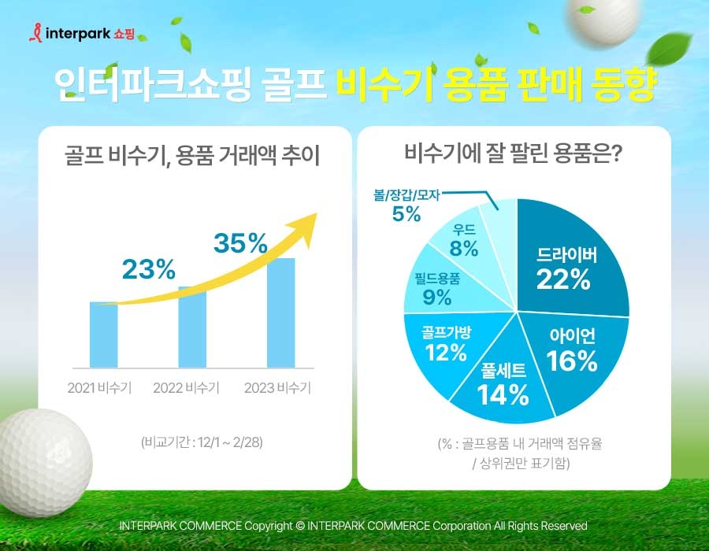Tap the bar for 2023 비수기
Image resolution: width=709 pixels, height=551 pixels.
coord(280,312)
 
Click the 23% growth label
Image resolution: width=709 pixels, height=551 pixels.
coord(148,269)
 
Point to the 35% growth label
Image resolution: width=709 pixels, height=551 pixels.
coord(241,242)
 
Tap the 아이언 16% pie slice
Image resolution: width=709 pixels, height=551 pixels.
coord(574,349)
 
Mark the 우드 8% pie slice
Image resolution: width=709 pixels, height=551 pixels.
coord(465,240)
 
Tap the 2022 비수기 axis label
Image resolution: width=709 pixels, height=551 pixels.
coord(186,387)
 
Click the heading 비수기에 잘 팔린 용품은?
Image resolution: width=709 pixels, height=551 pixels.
coord(514,152)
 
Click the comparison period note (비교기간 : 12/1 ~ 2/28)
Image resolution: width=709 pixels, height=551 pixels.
coord(202,442)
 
